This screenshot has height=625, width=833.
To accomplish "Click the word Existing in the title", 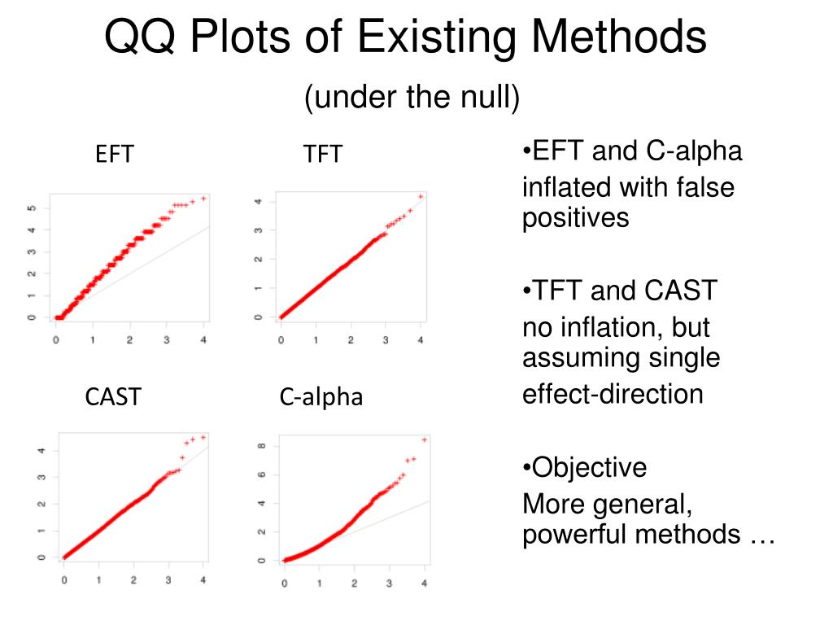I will (x=426, y=37).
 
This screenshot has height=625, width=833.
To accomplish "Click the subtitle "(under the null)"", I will (x=412, y=98).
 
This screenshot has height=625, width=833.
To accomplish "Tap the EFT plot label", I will (x=114, y=154).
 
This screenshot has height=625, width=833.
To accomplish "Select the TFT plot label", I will (x=323, y=154).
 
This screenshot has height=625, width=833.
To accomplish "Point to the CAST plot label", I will (x=113, y=397).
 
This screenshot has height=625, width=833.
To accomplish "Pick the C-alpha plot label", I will (x=321, y=397).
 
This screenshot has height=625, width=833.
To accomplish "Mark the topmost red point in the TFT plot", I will (x=421, y=196).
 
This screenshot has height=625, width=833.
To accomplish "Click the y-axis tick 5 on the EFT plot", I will (x=32, y=208).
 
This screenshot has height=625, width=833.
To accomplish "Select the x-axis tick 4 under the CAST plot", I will (x=203, y=580).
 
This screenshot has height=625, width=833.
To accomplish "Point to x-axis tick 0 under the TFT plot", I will (x=281, y=338).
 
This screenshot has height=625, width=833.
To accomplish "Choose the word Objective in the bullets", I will (x=589, y=467).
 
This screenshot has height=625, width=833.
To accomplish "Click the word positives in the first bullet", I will (x=575, y=218).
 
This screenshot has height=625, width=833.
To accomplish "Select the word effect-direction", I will (x=612, y=394).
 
